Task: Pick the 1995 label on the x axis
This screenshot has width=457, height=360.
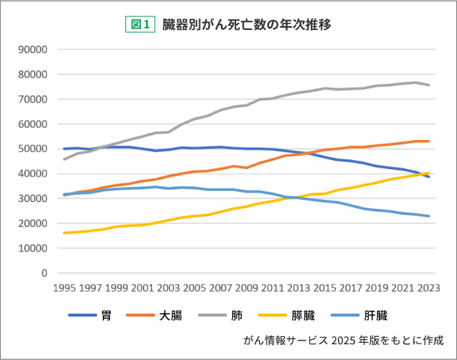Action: [x=64, y=287]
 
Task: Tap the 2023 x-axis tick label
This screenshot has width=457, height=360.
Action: [x=429, y=287]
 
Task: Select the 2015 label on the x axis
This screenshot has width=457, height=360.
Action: [x=324, y=287]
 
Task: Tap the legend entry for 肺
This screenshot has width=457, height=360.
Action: [x=235, y=316]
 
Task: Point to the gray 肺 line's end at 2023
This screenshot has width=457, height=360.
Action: [x=429, y=85]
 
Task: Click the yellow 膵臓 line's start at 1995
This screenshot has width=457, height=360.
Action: [x=64, y=233]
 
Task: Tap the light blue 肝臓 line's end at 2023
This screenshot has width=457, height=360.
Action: [x=429, y=216]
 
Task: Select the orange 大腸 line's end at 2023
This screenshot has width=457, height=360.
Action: [x=429, y=141]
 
